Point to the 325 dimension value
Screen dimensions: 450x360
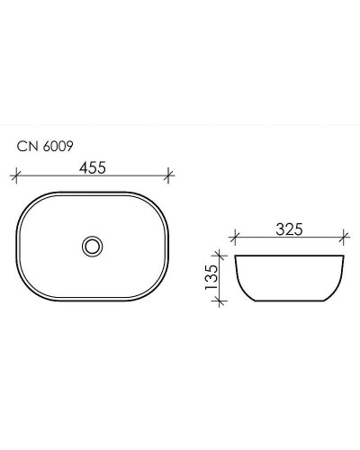coord(287,229)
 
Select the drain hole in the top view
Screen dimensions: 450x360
coord(92,245)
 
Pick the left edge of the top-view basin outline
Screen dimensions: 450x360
coord(19,245)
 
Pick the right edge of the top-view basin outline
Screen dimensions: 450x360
coord(167,245)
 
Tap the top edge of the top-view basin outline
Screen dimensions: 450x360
coord(93,191)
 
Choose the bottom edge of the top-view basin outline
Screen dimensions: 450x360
coord(93,300)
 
